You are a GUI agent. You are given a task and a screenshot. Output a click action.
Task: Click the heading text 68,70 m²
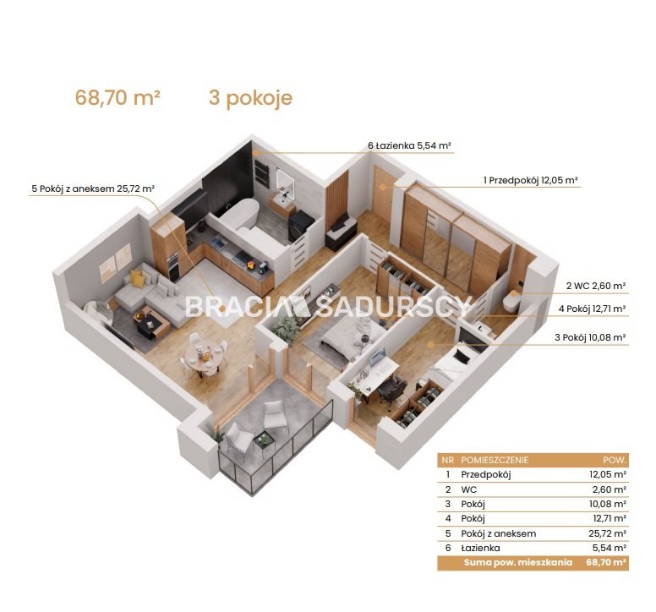(118, 98)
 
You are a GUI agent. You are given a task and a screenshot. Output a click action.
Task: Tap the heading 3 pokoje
(250, 99)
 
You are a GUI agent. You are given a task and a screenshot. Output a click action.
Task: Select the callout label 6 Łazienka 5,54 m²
(409, 145)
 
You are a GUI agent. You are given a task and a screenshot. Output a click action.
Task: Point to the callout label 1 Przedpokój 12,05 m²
(531, 180)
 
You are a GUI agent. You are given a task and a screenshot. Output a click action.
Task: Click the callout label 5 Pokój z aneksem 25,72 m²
(93, 189)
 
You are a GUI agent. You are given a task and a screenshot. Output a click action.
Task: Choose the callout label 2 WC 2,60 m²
(596, 286)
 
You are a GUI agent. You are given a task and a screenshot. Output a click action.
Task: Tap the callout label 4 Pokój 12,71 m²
(592, 309)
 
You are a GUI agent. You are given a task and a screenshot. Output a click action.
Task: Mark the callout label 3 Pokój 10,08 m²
(590, 337)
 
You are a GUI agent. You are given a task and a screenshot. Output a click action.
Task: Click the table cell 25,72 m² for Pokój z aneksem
(607, 533)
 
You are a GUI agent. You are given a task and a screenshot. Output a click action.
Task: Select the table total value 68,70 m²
(606, 562)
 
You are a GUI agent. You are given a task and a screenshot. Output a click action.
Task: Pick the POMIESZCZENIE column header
(494, 460)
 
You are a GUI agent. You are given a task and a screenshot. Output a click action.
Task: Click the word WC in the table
(468, 489)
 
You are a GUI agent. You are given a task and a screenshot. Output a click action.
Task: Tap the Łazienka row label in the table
(480, 548)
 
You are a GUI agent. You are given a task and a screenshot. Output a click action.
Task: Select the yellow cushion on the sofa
(137, 278)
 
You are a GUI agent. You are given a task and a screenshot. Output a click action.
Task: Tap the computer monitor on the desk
(376, 357)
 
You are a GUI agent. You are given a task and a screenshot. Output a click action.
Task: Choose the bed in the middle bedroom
(353, 336)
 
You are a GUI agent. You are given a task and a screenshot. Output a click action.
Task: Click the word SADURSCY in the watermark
(394, 306)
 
